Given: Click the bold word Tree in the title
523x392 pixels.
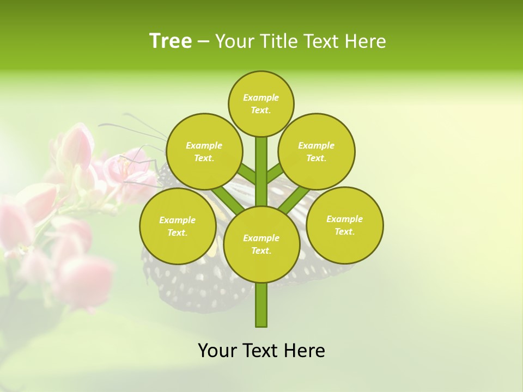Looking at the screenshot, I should coord(171,41).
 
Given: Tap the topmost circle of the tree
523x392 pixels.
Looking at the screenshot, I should coord(261,103).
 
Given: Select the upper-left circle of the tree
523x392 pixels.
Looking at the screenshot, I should coord(204,151).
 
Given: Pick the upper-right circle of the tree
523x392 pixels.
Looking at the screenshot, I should coord(317,151).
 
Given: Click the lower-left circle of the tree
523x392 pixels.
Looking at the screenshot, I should coord(178,226).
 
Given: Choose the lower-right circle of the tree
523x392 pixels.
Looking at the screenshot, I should coord(345,225).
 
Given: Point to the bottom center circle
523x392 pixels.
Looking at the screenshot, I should coord(261,244).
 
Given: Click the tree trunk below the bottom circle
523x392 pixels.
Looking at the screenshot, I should coord(261,305).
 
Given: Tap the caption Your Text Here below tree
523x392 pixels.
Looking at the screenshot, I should coord(261,351).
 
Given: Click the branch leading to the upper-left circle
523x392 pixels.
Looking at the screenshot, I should coord(247,174).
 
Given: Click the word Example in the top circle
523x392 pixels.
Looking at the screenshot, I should coord(261,97).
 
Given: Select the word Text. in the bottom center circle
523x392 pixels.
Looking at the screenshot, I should coord(261,250).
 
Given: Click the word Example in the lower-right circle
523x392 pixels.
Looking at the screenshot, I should coord(344,219).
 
